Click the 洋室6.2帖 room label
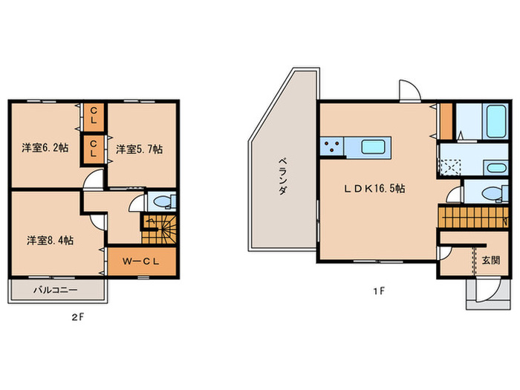click(x=45, y=148)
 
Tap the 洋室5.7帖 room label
click(x=140, y=149)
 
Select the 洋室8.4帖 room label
click(x=50, y=241)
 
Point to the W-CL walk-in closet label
click(x=141, y=261)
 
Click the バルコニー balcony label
click(x=56, y=290)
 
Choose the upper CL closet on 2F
click(x=94, y=115)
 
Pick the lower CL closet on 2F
click(x=94, y=149)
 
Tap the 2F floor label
click(x=77, y=317)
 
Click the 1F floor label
click(x=379, y=291)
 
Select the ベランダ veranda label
click(x=282, y=177)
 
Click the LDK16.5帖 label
click(x=374, y=189)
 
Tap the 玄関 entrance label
click(x=491, y=260)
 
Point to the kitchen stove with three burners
click(x=332, y=146)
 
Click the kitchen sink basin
click(x=373, y=146)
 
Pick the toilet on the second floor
click(x=164, y=201)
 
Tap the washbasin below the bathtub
click(x=495, y=168)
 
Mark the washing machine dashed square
click(x=450, y=167)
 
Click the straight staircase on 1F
click(x=473, y=218)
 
